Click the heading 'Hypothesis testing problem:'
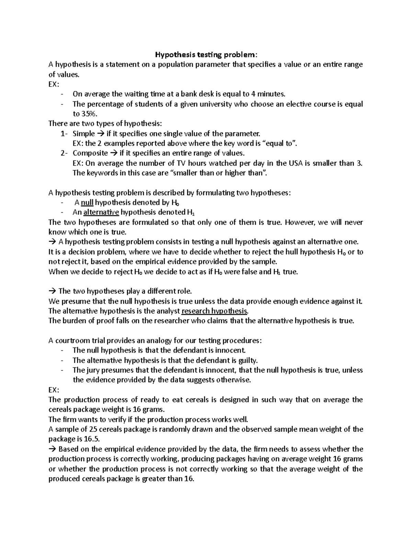(206, 55)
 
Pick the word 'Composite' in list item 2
(90, 153)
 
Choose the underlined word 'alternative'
(101, 212)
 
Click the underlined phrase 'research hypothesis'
(214, 311)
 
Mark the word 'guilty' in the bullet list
(247, 360)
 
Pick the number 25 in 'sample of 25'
(93, 429)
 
